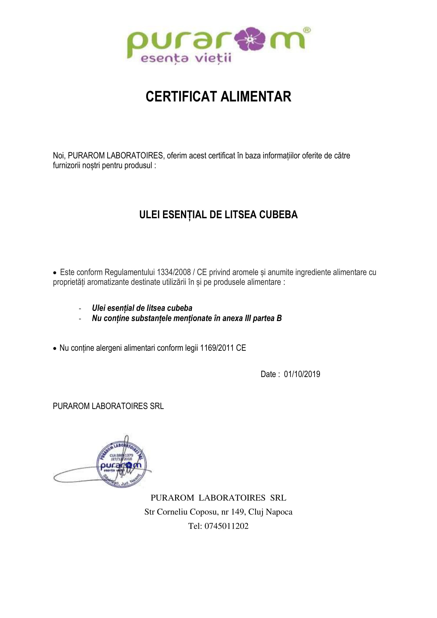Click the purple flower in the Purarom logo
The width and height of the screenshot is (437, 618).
250,39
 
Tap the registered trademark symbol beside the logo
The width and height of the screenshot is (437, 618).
307,30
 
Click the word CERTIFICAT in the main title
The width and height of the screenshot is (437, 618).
181,97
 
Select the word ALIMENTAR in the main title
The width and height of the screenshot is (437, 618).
256,97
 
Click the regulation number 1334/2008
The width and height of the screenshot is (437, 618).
174,272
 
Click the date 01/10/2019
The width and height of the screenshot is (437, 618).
302,374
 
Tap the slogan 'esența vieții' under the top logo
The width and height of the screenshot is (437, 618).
186,58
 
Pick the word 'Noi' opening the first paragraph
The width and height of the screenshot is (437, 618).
58,156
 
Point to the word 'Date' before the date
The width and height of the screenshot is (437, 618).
268,374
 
